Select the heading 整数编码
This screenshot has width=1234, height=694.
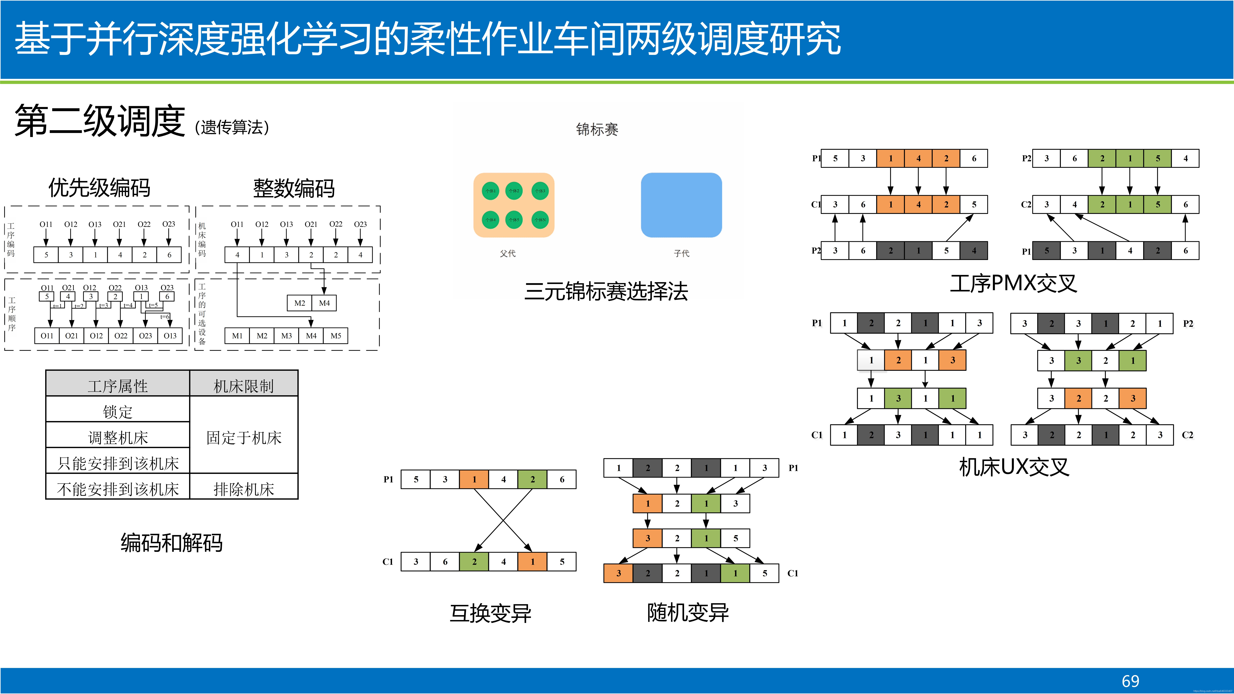coord(294,188)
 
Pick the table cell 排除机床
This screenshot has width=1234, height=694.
coord(244,489)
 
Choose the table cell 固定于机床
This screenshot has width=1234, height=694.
coord(244,437)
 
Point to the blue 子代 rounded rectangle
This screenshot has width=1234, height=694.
coord(681,205)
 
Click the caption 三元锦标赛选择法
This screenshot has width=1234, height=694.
coord(606,291)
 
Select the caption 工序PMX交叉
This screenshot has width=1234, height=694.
coord(1013,283)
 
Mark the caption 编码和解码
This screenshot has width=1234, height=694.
coord(171,543)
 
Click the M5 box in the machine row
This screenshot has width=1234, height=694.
coord(336,335)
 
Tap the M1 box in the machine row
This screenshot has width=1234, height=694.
coord(237,335)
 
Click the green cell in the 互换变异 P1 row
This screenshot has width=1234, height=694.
coord(532,479)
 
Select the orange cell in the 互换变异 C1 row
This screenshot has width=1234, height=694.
coord(532,561)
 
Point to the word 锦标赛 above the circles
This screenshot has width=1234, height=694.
coord(597,129)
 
